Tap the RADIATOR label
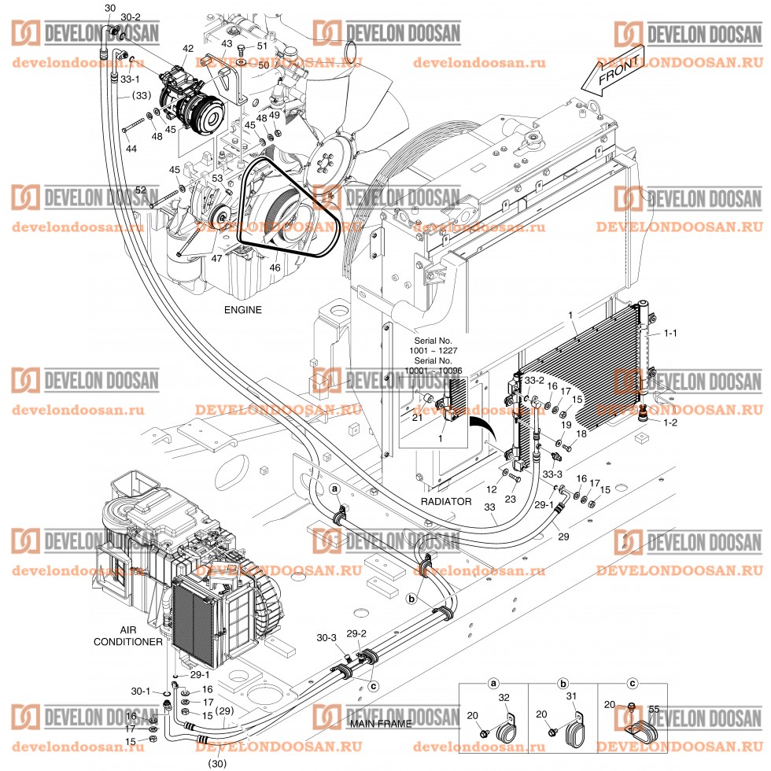(445, 501)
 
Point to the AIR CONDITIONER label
(128, 636)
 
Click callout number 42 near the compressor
(187, 49)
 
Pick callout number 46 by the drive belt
(275, 268)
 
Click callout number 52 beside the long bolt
(140, 190)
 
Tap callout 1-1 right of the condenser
(670, 334)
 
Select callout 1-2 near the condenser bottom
(670, 423)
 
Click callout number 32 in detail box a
(504, 696)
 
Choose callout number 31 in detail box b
(572, 695)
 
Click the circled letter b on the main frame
(411, 599)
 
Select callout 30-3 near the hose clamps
(326, 637)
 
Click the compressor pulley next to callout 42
(209, 114)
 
